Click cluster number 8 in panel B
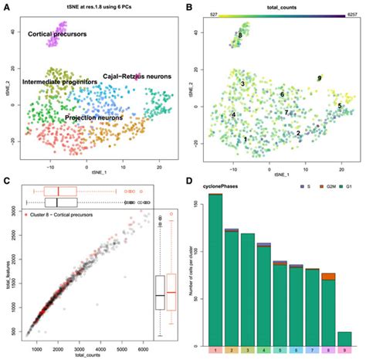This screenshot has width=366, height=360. click(x=240, y=36)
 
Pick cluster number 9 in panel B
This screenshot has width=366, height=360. click(x=319, y=79)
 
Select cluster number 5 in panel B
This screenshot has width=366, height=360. click(x=339, y=105)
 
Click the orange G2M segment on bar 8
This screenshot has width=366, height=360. click(x=328, y=276)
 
